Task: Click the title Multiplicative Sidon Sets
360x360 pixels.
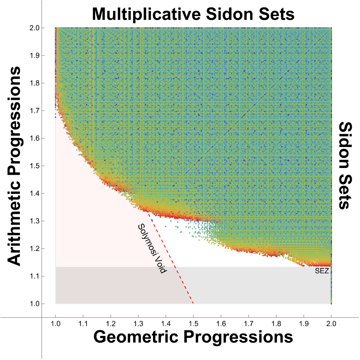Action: coord(193,14)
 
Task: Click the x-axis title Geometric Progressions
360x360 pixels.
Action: coord(193,337)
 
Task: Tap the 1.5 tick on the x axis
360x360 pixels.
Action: coord(193,323)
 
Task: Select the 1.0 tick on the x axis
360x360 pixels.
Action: coord(55,323)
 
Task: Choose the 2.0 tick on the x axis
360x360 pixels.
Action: coord(331,323)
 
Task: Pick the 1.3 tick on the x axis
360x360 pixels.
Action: coord(138,323)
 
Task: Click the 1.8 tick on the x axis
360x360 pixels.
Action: coord(276,323)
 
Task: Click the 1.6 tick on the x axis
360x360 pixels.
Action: coord(221,323)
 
